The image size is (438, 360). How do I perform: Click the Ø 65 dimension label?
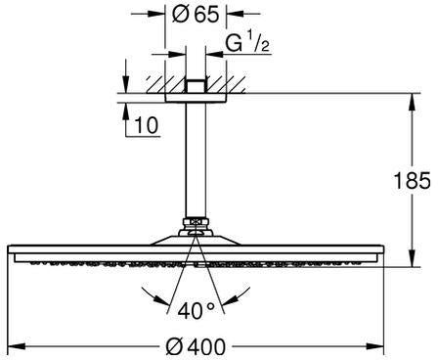(196, 15)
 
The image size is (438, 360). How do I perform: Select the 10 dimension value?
(146, 125)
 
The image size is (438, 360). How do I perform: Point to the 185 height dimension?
(413, 180)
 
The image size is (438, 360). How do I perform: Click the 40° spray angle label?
(197, 310)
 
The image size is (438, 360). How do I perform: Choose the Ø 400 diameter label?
(196, 346)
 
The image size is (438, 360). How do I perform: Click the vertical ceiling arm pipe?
(196, 159)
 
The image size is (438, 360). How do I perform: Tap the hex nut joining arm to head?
(196, 224)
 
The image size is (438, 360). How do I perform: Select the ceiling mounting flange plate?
(196, 98)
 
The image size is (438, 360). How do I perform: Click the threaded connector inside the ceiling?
(196, 86)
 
